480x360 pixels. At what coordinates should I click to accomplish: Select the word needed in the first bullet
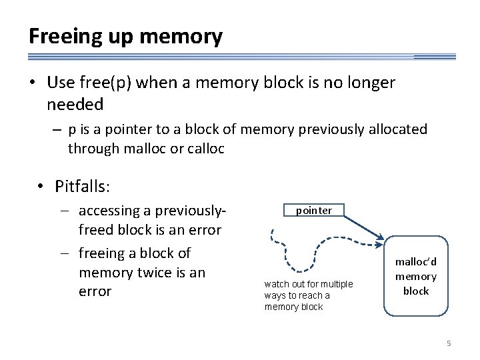[75, 104]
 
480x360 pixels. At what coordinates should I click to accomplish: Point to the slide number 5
[449, 343]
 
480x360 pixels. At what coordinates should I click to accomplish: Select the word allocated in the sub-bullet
[393, 129]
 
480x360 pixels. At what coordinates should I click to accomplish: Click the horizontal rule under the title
[240, 57]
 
